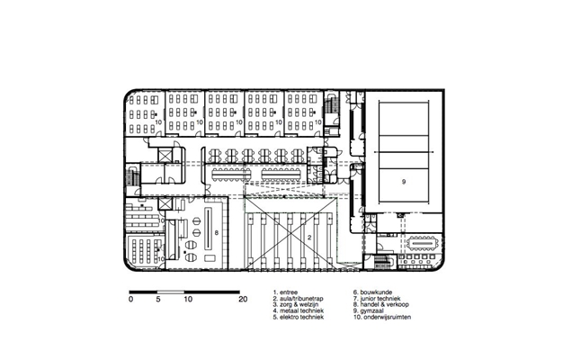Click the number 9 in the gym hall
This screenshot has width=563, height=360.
404,182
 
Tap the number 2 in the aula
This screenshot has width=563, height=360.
309,238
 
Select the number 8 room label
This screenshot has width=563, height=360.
217,233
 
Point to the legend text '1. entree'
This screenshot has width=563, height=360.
285,292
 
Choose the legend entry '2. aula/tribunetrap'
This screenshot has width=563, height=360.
298,299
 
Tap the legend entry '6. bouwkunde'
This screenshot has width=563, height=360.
372,292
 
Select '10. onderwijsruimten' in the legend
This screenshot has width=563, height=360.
382,317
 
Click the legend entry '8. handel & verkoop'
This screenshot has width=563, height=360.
381,305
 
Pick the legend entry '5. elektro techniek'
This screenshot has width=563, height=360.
299,317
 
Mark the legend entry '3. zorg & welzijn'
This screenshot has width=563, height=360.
296,305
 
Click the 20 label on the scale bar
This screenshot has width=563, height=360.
243,299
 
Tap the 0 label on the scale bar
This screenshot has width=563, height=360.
130,299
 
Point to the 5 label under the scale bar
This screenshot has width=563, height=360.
158,299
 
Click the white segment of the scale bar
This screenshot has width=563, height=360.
171,292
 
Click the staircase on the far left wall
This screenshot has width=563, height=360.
133,175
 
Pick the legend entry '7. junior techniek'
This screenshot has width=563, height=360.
377,299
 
